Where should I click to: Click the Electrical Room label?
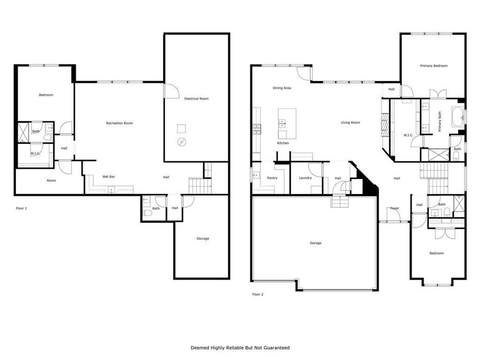[196, 99]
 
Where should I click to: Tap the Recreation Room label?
[119, 123]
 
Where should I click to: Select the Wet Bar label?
[109, 177]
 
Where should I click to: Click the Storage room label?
[203, 238]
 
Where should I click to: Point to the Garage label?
[316, 243]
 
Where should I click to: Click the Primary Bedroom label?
[434, 66]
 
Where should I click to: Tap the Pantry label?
[272, 178]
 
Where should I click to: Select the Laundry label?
[305, 178]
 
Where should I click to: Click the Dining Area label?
[282, 88]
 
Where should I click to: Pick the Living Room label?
[350, 123]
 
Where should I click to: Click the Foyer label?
[395, 208]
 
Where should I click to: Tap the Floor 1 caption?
[21, 208]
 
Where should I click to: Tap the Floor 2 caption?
[258, 294]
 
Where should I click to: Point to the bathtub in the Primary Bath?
[458, 116]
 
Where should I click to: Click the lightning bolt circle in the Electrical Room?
[182, 142]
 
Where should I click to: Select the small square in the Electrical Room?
[182, 128]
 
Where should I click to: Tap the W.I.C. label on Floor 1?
[35, 154]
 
